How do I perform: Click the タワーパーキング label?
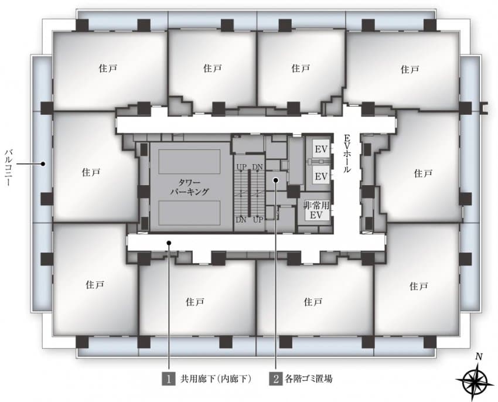[x=190, y=187]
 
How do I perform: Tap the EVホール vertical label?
[x=347, y=154]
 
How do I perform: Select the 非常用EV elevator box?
[x=316, y=210]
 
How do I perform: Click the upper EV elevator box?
[x=321, y=149]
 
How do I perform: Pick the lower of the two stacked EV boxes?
[x=321, y=176]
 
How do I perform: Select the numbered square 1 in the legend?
[x=169, y=379]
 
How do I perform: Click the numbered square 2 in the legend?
[x=276, y=379]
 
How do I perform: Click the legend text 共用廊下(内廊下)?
[x=216, y=379]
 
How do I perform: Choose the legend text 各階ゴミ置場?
[x=309, y=379]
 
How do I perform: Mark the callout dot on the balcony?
[x=42, y=164]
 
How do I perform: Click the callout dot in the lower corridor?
[x=169, y=243]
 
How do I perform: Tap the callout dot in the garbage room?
[x=276, y=180]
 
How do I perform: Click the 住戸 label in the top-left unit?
[x=108, y=68]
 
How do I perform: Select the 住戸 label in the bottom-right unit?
[x=418, y=286]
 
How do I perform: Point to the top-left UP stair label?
[x=241, y=166]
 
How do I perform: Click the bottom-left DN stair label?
[x=241, y=219]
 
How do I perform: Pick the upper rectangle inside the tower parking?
[x=189, y=161]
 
